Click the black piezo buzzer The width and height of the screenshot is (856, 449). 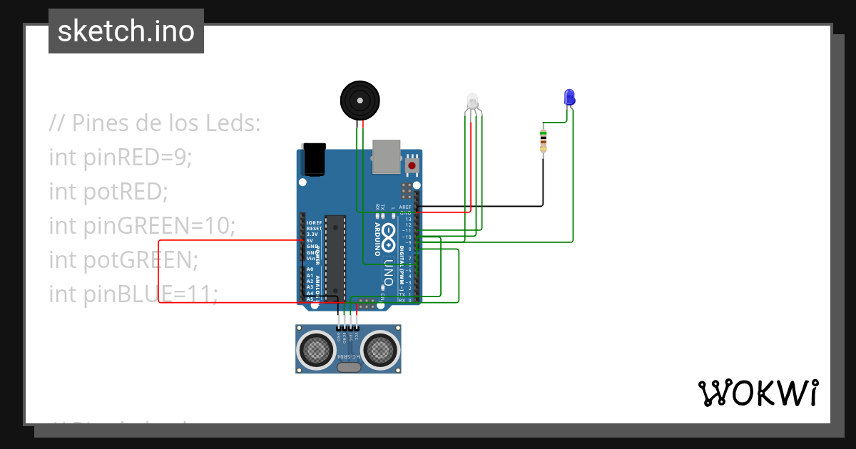click(358, 100)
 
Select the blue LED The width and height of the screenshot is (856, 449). click(569, 97)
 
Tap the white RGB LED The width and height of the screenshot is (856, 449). click(472, 101)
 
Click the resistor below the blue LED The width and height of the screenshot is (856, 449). click(544, 140)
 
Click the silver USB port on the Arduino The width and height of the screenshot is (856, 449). click(387, 156)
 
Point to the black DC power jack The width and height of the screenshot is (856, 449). click(314, 159)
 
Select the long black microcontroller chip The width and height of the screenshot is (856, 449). click(335, 257)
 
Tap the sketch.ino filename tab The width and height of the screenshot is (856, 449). click(126, 31)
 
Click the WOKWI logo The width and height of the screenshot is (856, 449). click(758, 393)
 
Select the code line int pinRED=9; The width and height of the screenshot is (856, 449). click(121, 157)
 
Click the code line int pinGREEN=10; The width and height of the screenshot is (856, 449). click(142, 225)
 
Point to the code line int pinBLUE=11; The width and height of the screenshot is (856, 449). click(133, 293)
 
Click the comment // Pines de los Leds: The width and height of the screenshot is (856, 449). click(155, 123)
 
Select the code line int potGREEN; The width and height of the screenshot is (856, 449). click(123, 259)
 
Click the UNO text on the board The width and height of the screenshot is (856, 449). click(389, 271)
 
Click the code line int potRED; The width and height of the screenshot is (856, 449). click(108, 191)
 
